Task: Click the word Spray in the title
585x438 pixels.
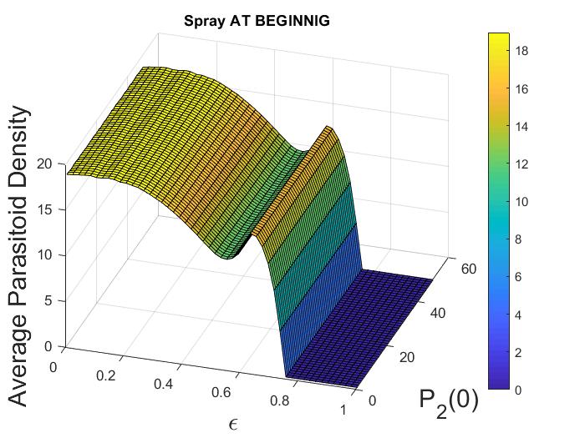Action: click(x=202, y=21)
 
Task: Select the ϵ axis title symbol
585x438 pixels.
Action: click(x=233, y=424)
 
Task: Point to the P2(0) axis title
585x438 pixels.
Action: click(x=449, y=400)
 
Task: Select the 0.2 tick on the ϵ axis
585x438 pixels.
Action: click(x=106, y=375)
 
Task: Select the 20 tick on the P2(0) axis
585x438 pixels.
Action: click(x=405, y=357)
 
